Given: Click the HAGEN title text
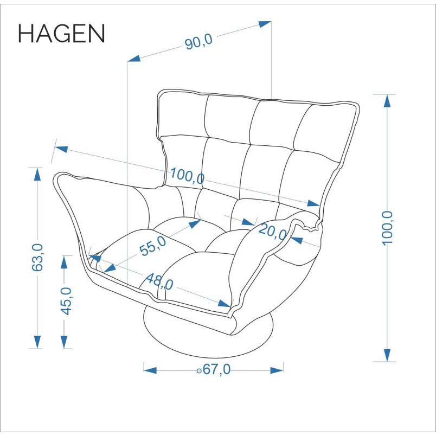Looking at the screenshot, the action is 61,34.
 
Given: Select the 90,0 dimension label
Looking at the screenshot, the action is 198,41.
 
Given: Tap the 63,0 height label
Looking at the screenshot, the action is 37,257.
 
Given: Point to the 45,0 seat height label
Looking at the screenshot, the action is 66,301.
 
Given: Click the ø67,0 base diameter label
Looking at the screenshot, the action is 214,369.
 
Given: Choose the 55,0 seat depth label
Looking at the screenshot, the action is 153,246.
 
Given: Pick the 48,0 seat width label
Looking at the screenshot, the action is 159,281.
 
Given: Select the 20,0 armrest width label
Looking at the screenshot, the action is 273,232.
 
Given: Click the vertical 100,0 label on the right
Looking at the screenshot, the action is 387,228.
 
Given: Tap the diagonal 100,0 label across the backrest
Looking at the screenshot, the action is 187,176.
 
